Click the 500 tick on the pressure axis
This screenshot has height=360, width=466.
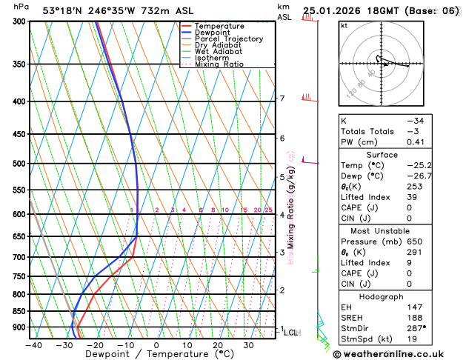click(19, 164)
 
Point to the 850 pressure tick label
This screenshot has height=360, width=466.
click(19, 311)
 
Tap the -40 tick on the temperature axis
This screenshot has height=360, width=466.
click(33, 344)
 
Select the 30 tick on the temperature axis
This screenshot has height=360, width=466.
click(248, 344)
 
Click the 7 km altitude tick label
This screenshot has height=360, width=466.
click(282, 99)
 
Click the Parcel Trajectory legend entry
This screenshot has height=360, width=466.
click(228, 39)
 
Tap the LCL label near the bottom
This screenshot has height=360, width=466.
click(291, 333)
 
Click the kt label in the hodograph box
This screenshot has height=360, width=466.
click(344, 25)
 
